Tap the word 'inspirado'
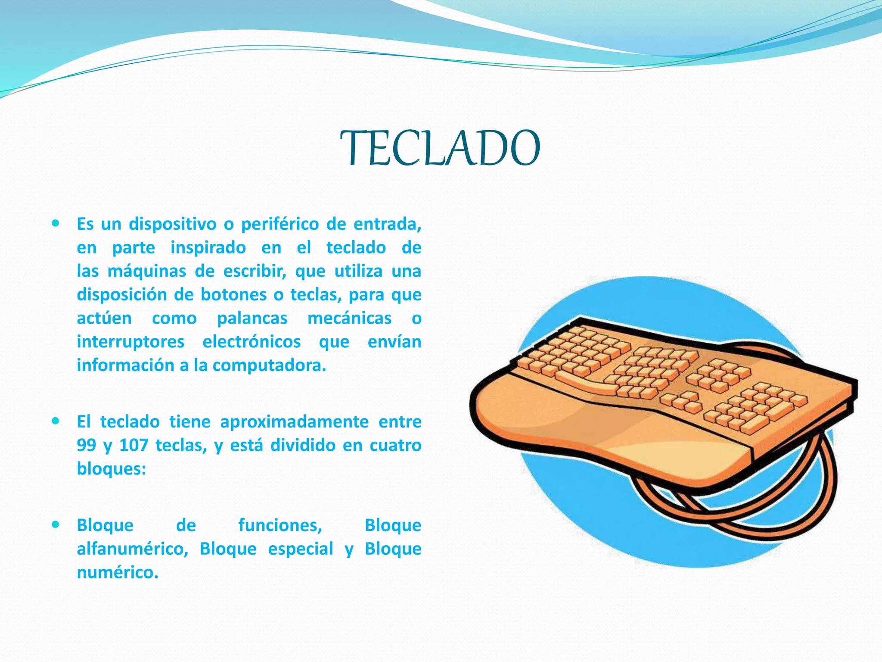tap(208, 248)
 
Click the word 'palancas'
tap(252, 319)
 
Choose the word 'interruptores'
tap(130, 342)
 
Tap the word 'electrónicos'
tap(252, 342)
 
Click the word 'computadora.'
tap(269, 365)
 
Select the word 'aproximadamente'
tap(294, 422)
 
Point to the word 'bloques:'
tap(112, 468)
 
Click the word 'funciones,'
tap(280, 525)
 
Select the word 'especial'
tap(301, 549)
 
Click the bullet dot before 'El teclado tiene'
tap(55, 421)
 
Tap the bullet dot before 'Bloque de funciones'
tap(55, 525)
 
